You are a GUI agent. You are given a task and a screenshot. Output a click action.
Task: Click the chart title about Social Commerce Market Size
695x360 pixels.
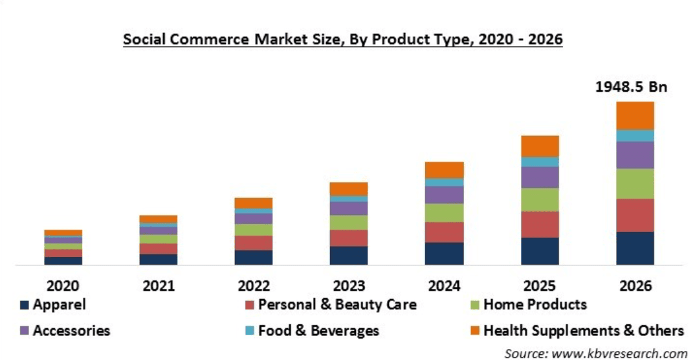[x=343, y=39]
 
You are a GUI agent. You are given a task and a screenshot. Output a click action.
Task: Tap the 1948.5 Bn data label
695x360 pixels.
[x=630, y=87]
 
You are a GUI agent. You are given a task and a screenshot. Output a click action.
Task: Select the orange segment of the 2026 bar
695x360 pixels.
[x=635, y=115]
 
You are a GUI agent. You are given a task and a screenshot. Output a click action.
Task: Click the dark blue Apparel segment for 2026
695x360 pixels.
[x=635, y=248]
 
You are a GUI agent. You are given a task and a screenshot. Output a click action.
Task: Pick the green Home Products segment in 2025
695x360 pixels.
[x=540, y=199]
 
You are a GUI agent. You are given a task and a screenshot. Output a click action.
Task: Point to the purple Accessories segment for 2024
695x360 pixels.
[x=444, y=195]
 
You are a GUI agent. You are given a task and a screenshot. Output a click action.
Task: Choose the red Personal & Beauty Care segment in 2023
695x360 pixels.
[x=349, y=238]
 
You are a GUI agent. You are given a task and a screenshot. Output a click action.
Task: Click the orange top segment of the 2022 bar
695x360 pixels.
[x=253, y=203]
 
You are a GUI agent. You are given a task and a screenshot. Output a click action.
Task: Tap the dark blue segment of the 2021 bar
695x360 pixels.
[x=158, y=259]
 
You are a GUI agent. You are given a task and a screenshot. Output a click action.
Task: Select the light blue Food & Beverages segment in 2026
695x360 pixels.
[x=635, y=135]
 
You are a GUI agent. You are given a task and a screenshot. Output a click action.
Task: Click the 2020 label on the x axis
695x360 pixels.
[x=63, y=286]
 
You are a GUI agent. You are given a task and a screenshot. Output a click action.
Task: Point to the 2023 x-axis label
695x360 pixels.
[x=349, y=286]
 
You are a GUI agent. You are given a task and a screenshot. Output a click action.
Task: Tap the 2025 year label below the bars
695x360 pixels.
[x=540, y=286]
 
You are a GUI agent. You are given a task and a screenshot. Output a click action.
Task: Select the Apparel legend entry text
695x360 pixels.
[x=60, y=304]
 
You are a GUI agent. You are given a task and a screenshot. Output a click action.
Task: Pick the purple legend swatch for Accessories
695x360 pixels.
[x=25, y=331]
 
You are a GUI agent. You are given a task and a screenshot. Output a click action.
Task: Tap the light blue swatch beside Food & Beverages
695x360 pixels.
[x=249, y=331]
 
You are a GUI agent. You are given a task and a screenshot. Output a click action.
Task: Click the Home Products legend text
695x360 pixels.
[x=535, y=304]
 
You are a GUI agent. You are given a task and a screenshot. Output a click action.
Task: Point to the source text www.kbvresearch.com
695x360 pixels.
[x=595, y=353]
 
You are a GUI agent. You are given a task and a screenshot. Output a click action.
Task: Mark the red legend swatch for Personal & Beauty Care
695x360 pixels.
[x=249, y=304]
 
